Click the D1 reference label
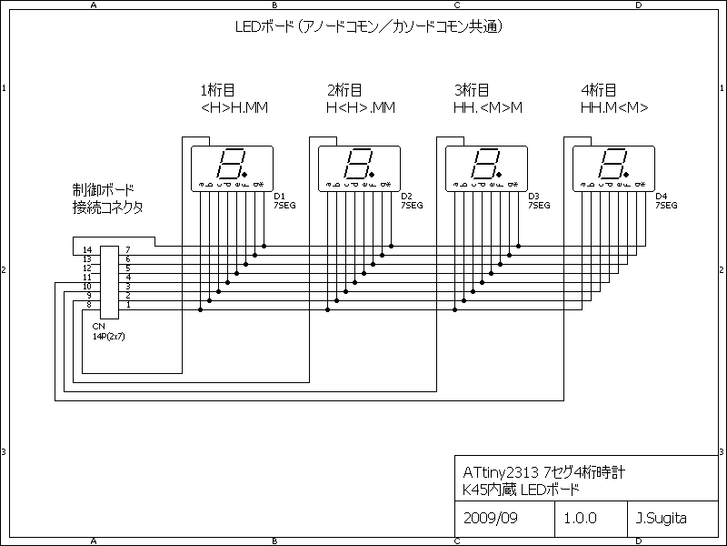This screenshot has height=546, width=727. click(x=279, y=197)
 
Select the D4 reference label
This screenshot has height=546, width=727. click(x=661, y=197)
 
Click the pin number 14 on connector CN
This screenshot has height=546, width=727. click(x=87, y=249)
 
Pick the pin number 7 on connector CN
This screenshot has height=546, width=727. click(x=128, y=249)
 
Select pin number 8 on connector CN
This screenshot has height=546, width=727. click(x=87, y=304)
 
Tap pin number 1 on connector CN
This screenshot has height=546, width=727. click(x=128, y=304)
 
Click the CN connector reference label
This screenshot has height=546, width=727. click(x=97, y=325)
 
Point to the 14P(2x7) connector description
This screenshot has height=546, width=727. click(x=107, y=335)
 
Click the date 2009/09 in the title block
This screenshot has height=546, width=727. click(x=490, y=519)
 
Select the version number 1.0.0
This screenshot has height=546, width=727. click(x=580, y=519)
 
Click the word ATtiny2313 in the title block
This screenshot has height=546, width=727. click(x=500, y=472)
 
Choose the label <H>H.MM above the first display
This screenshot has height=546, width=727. click(x=234, y=108)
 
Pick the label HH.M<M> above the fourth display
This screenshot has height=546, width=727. click(x=614, y=108)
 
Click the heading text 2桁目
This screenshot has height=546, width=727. click(x=344, y=90)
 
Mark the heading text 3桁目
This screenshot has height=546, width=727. click(x=472, y=90)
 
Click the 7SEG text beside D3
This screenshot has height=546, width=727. click(x=539, y=206)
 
